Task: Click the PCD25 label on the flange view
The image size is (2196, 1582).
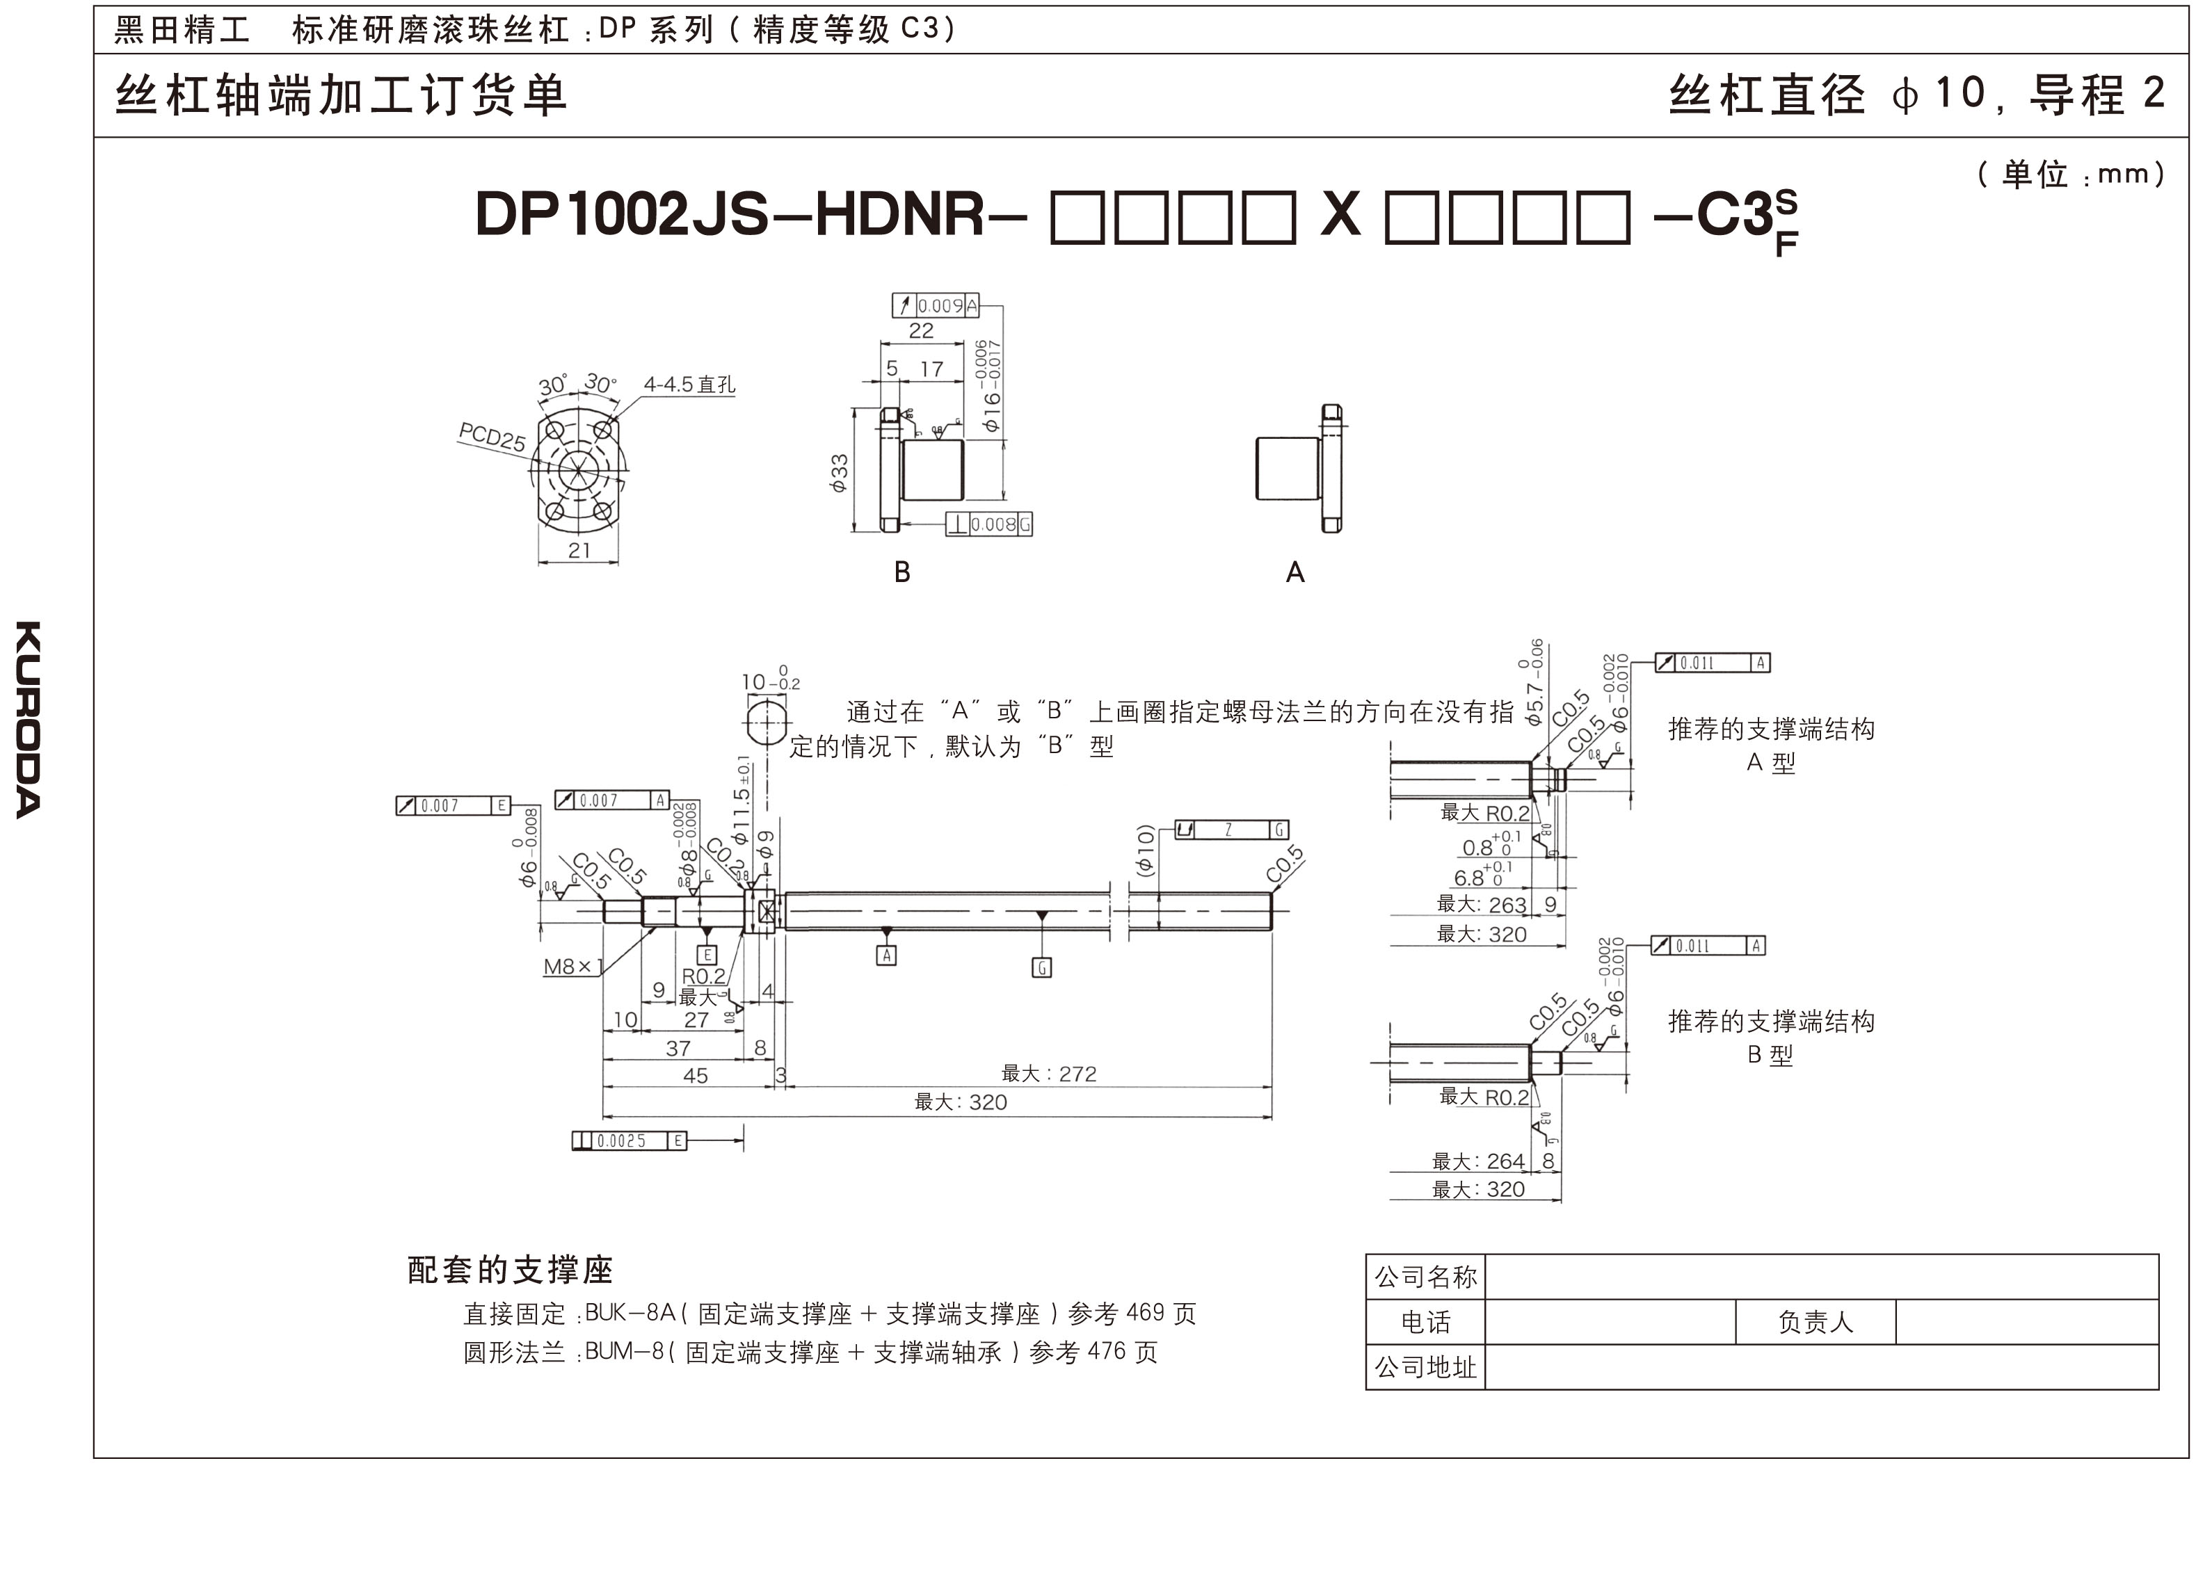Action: (492, 437)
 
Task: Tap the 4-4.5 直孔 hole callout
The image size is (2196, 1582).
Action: (689, 385)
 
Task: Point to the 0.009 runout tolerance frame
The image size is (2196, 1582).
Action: (936, 306)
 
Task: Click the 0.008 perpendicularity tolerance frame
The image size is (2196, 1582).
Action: (988, 525)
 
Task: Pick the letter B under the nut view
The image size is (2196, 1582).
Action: (901, 572)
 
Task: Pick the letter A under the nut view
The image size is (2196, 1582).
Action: (1295, 572)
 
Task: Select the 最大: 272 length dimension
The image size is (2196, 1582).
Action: (1049, 1074)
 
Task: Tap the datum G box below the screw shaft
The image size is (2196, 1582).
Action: (1042, 967)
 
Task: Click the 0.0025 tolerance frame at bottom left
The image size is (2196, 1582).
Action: (630, 1140)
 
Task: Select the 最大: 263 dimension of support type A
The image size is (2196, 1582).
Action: (1482, 904)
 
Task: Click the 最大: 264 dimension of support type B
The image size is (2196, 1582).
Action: (1479, 1161)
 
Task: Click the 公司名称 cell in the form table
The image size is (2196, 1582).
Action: (1425, 1277)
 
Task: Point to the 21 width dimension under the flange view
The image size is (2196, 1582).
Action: (579, 550)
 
